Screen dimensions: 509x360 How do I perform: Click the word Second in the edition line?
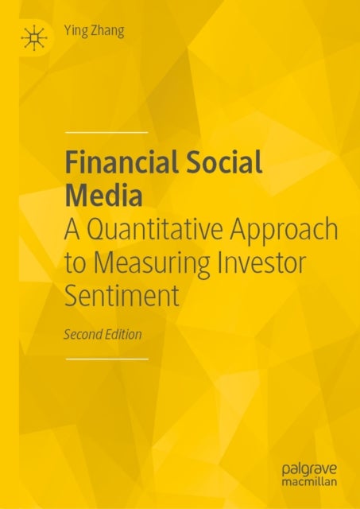(83, 334)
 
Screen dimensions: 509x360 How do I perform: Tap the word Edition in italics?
(124, 334)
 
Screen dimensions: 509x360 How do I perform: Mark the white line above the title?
(106, 130)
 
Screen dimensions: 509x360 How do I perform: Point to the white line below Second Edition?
(106, 359)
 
